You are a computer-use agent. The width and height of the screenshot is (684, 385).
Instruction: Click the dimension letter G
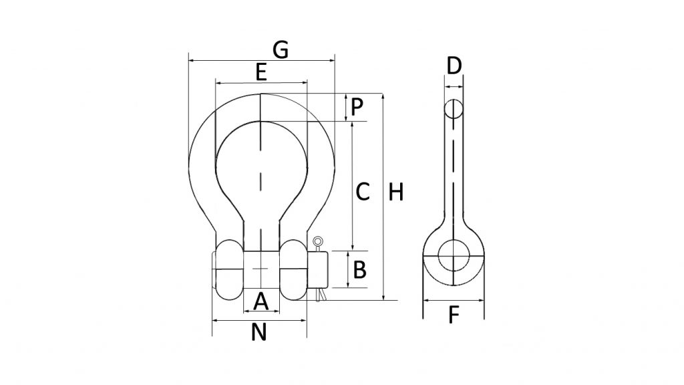click(x=281, y=49)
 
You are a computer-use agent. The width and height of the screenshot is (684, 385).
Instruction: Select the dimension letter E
click(x=261, y=72)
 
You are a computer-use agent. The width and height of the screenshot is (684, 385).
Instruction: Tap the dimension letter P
click(x=357, y=106)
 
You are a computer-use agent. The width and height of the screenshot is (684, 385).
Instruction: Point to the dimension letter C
click(x=362, y=192)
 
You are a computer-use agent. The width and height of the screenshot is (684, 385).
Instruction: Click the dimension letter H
click(x=396, y=192)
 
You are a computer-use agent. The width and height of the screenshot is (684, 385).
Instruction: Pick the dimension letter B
click(x=359, y=270)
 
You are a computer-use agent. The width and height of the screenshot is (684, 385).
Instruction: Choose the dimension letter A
click(x=261, y=301)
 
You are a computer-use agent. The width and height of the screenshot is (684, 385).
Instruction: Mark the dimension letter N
click(x=259, y=332)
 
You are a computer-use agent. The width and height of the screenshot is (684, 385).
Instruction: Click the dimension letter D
click(x=454, y=66)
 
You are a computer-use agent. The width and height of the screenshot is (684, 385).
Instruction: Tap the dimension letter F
click(x=454, y=314)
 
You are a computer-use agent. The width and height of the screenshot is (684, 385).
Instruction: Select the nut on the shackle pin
click(x=319, y=269)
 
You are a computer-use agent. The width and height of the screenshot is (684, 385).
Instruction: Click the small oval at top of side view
click(x=454, y=109)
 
